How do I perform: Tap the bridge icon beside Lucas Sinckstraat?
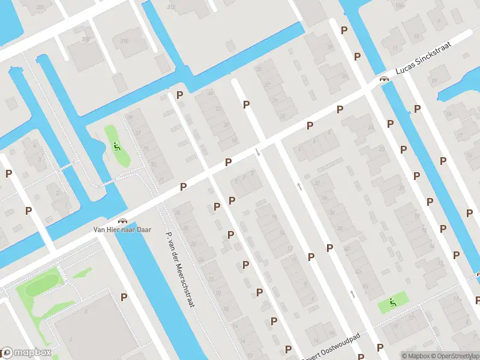[x=383, y=79]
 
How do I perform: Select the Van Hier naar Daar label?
[x=122, y=229]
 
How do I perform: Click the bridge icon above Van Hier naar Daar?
[x=124, y=221]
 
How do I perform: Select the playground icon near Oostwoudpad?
[x=392, y=302]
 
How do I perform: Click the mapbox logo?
[x=26, y=353]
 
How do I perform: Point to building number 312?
[x=171, y=7]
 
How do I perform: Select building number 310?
[x=124, y=41]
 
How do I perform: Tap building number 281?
[x=40, y=7]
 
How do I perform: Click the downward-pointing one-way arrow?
[x=258, y=152]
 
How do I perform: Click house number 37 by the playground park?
[x=137, y=133]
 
